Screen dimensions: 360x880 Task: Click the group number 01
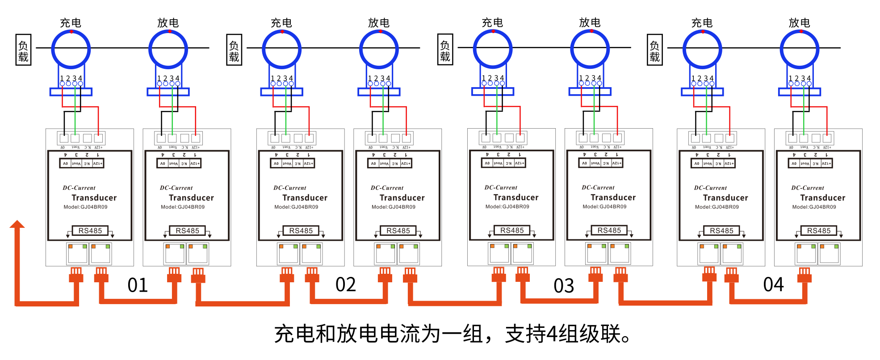click(138, 285)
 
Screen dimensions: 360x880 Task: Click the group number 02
click(346, 285)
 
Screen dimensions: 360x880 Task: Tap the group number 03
click(564, 286)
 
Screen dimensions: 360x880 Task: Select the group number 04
click(773, 285)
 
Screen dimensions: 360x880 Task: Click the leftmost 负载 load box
click(23, 50)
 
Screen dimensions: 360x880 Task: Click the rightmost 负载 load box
click(654, 50)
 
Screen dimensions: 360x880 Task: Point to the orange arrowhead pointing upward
click(17, 224)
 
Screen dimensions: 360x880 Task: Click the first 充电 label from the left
click(71, 23)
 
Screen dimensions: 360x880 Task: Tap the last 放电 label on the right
click(799, 23)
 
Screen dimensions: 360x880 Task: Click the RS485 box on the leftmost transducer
click(90, 231)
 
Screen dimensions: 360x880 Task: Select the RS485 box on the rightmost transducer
click(819, 231)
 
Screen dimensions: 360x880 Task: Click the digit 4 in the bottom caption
click(552, 334)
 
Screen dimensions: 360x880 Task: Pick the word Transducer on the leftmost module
click(94, 198)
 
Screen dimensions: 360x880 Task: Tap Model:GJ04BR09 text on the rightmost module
click(814, 207)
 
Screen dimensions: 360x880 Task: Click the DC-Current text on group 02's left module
click(289, 188)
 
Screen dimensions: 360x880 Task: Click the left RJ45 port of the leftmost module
click(78, 254)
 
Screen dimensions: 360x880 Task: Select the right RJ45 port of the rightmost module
click(830, 254)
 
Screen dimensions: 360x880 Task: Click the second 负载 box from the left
click(234, 50)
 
